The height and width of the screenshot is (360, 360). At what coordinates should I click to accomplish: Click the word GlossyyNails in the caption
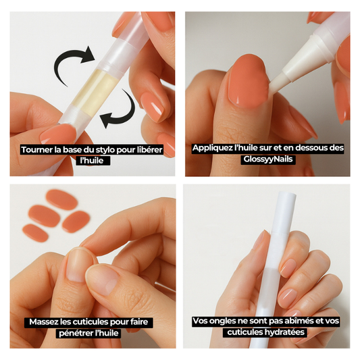click(x=268, y=159)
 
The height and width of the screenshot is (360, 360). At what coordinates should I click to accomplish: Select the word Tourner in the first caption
click(x=37, y=150)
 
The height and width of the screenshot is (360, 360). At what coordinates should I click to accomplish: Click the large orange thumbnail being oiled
click(x=249, y=82)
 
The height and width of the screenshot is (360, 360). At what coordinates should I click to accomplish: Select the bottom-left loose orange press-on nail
click(x=35, y=233)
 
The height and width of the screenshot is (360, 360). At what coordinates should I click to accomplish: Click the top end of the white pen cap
click(x=286, y=194)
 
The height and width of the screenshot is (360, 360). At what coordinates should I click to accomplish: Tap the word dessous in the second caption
click(x=313, y=148)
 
